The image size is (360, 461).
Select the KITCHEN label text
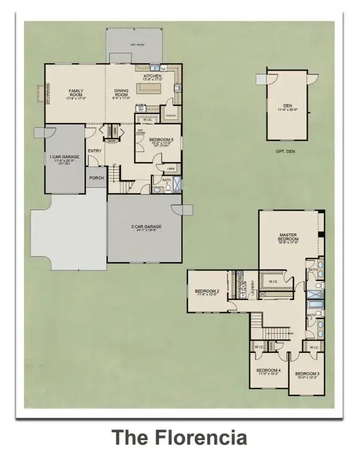152,77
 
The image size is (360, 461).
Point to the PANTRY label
171,115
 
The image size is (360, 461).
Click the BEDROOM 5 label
160,140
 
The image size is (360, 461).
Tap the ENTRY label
95,151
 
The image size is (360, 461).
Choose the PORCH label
96,178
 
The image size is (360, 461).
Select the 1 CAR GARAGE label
64,157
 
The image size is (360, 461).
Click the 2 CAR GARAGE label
146,227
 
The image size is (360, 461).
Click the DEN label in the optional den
287,105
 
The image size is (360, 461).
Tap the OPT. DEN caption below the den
286,151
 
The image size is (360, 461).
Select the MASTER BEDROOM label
288,237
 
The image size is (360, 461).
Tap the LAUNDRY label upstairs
252,289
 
